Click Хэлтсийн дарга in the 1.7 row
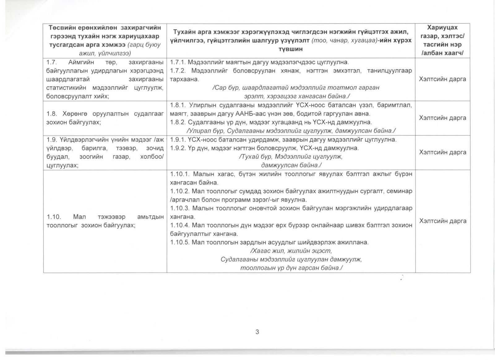[x=442, y=79]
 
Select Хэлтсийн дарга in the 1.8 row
[x=442, y=118]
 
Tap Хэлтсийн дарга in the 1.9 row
[x=442, y=152]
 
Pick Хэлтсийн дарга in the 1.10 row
[x=442, y=221]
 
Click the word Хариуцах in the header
[x=442, y=28]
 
